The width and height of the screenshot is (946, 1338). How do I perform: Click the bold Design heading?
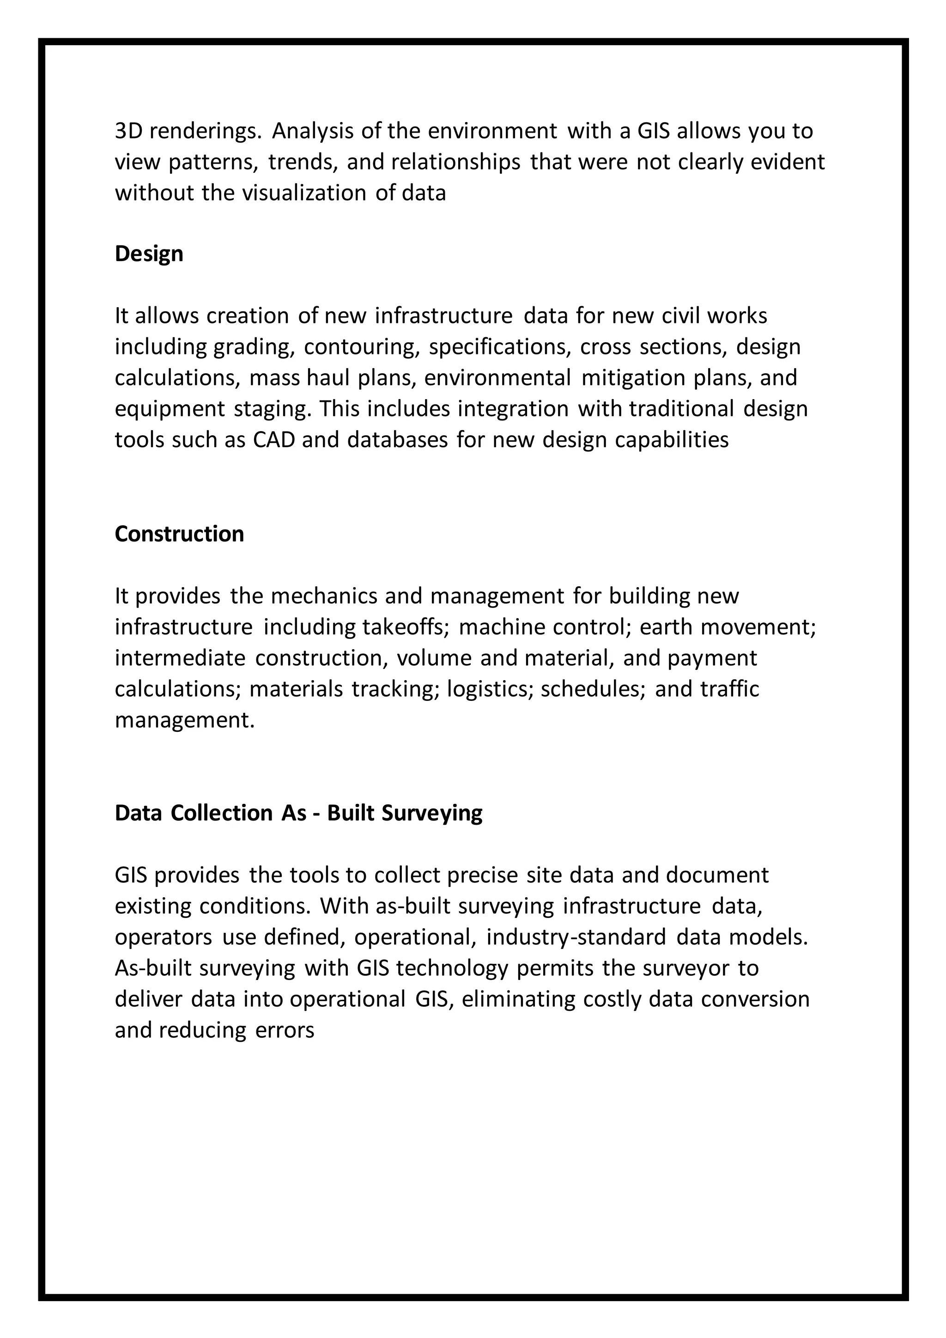[x=149, y=254]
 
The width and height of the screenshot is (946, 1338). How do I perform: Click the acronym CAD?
[x=274, y=440]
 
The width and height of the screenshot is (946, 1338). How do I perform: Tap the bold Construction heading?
[x=179, y=534]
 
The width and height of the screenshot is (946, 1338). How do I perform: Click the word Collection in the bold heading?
[x=221, y=813]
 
